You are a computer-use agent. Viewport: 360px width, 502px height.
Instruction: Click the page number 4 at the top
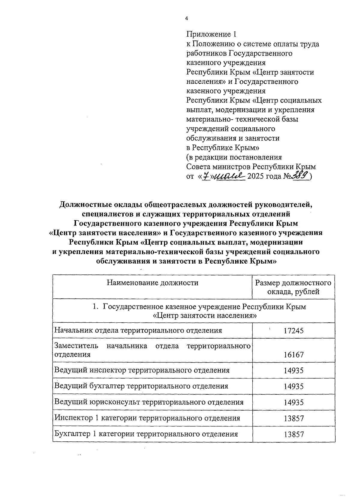coord(186,19)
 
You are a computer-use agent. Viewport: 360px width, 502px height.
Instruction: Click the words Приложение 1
coord(210,34)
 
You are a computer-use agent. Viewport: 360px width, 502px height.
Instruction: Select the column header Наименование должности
coord(152,282)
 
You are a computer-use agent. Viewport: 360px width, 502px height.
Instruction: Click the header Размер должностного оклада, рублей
coord(293,287)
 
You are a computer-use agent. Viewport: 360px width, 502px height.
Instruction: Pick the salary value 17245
coord(293,331)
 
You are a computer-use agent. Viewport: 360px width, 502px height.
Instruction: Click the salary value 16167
coord(293,355)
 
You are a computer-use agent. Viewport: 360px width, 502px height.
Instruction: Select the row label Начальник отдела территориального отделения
coord(138,330)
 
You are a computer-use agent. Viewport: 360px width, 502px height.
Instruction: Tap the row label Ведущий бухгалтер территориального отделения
coord(141,386)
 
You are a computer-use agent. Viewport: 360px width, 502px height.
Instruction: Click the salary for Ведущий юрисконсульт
coord(293,402)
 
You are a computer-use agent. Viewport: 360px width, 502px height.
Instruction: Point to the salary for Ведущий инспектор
coord(293,370)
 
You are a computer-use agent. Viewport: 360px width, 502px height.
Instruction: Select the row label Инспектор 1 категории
coord(147,418)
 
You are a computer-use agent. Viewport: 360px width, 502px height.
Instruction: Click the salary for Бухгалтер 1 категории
coord(293,434)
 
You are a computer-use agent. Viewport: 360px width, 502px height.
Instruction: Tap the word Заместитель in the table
coord(76,346)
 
